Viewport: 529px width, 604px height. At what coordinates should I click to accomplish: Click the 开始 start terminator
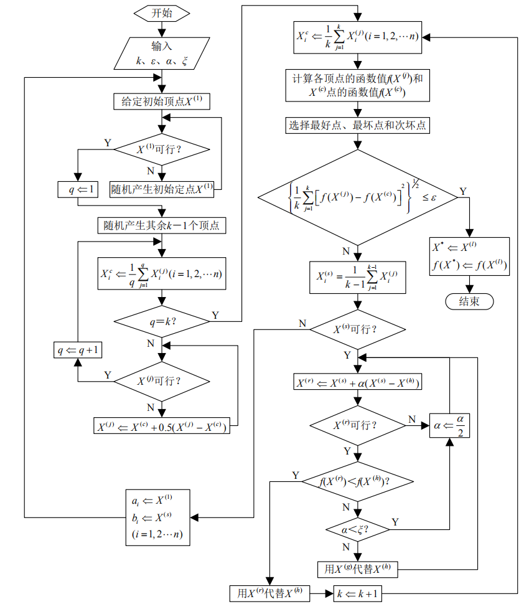click(161, 14)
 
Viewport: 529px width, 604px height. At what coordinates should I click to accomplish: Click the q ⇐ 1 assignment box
click(78, 189)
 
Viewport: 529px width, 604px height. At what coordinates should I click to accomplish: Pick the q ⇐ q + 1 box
click(78, 350)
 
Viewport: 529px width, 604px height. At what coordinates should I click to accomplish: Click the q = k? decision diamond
click(162, 321)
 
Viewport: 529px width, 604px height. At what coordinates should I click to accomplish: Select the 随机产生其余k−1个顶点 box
click(161, 225)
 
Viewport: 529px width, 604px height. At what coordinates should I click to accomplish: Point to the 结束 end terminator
click(469, 301)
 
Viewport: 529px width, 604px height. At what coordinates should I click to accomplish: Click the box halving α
click(449, 425)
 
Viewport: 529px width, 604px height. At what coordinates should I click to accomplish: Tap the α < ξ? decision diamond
click(357, 530)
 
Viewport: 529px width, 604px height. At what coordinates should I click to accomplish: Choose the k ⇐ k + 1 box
click(358, 593)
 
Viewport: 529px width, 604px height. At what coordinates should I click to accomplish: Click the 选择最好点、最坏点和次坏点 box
click(357, 125)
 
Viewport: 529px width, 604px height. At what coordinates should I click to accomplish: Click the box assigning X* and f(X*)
click(470, 257)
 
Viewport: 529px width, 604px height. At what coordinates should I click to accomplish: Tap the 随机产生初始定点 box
click(162, 189)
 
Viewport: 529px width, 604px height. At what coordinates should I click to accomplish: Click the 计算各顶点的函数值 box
click(357, 85)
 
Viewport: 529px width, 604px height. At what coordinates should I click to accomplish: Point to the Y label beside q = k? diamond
click(215, 315)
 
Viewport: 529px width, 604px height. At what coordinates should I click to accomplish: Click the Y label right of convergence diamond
click(462, 191)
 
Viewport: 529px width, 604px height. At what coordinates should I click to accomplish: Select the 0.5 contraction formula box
click(161, 427)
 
